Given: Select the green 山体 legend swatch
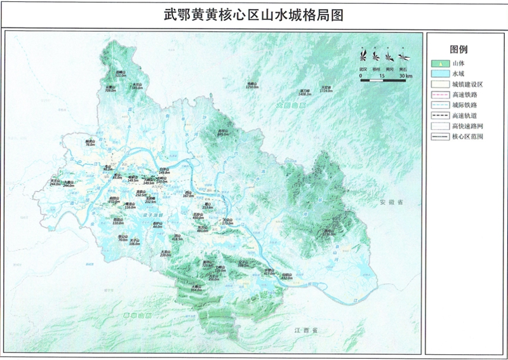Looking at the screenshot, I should [440, 63].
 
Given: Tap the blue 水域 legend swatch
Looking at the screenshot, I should [440, 74].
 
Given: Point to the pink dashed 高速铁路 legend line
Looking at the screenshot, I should [440, 95].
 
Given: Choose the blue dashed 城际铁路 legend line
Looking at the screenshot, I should [440, 105].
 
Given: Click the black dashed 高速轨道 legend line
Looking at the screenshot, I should [440, 115].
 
